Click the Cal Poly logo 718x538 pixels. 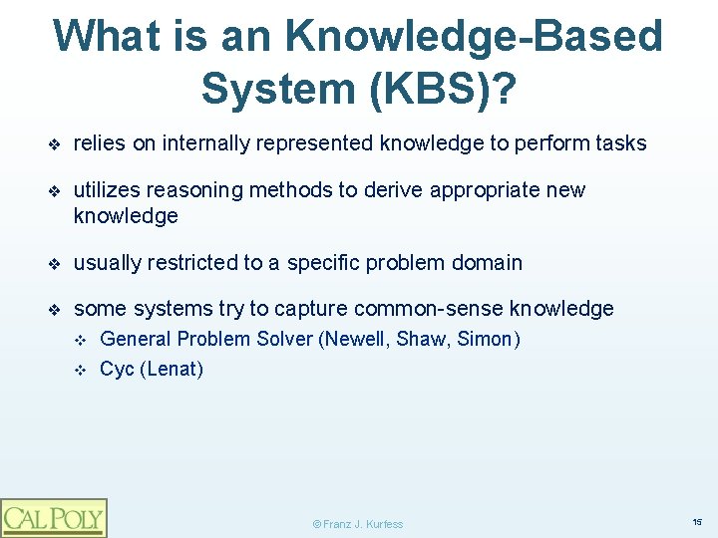tap(53, 517)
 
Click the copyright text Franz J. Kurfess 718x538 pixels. tap(358, 524)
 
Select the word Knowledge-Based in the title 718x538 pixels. tap(474, 37)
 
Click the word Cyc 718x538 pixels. tap(117, 370)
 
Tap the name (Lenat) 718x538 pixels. tap(172, 370)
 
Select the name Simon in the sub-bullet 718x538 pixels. tap(488, 340)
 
